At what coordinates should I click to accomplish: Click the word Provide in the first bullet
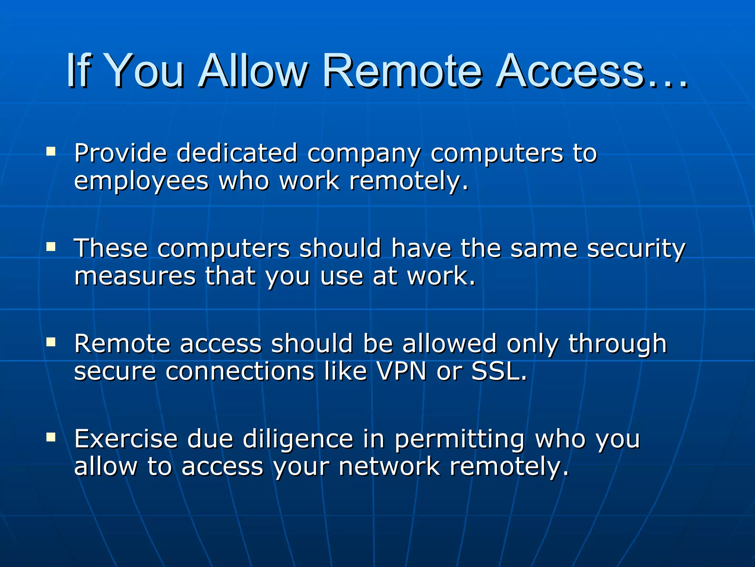(121, 153)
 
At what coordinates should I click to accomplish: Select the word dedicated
(237, 153)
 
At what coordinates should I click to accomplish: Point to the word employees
(141, 182)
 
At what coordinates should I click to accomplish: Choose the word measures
(135, 276)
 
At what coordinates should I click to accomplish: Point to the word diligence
(298, 439)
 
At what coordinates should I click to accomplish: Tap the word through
(617, 344)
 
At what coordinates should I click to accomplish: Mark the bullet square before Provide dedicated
(51, 152)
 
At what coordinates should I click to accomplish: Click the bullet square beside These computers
(51, 247)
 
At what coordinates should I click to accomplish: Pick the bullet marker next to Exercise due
(51, 437)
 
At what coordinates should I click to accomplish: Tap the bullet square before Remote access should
(51, 342)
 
